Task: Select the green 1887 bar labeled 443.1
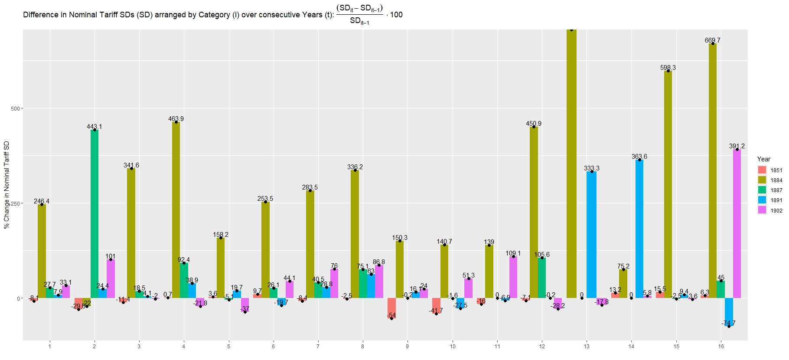point(95,214)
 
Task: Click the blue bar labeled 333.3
point(591,235)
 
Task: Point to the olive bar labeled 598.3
point(668,184)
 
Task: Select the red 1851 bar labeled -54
point(391,308)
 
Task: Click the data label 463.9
point(176,119)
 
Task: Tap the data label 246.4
point(42,201)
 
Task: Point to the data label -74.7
point(729,323)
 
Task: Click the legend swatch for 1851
point(762,170)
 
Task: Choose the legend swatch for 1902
point(762,210)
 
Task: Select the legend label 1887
point(776,190)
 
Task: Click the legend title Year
point(764,159)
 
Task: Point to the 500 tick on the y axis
point(16,108)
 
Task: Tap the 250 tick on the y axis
point(16,203)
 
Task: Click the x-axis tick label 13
point(587,347)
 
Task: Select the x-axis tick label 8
point(362,347)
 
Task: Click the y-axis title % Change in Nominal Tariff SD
point(7,184)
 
